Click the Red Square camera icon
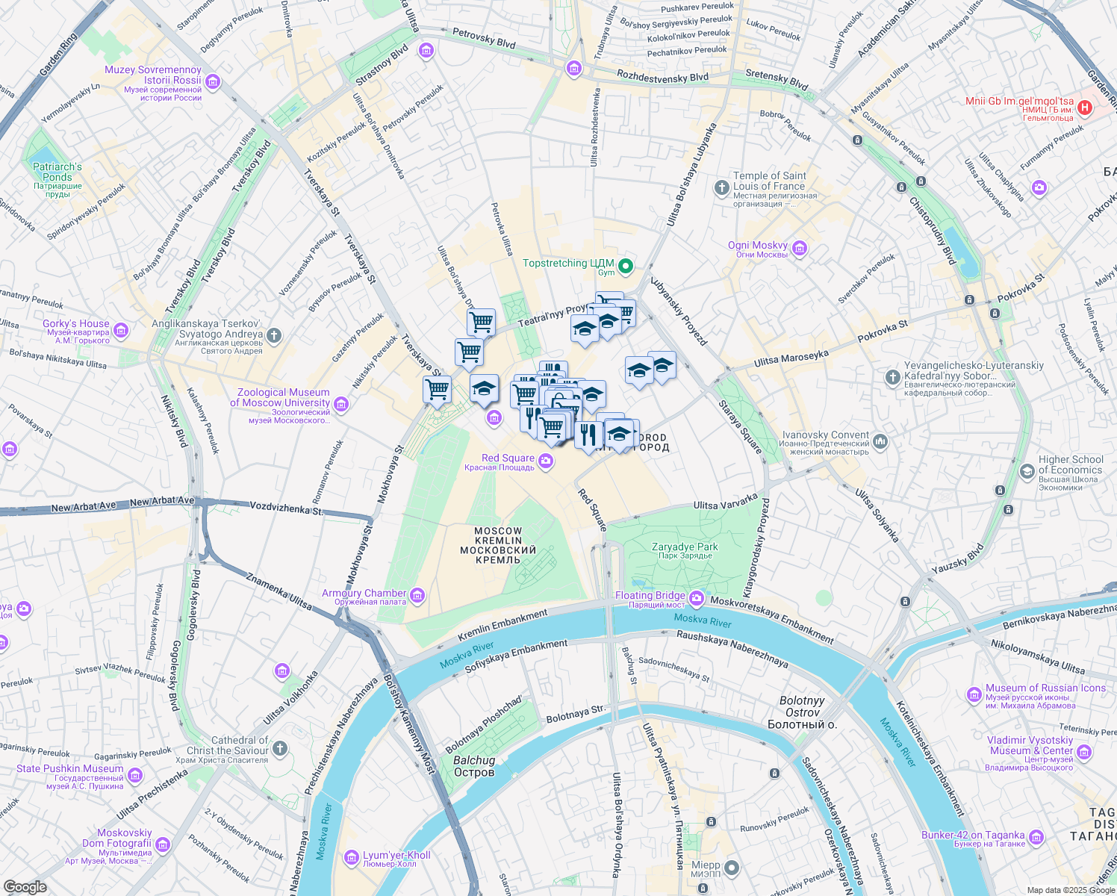tap(546, 461)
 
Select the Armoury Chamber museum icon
tap(417, 595)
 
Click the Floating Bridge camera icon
tap(697, 598)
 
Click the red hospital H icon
tap(1086, 108)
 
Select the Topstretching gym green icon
tap(626, 265)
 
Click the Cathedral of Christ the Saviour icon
tap(280, 747)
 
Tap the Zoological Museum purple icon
tap(341, 405)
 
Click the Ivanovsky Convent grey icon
tap(880, 441)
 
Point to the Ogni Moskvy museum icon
tap(800, 248)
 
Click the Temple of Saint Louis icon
tap(721, 187)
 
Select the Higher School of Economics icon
tap(1027, 471)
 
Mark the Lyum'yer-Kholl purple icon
tap(352, 857)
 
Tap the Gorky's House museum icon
tap(121, 330)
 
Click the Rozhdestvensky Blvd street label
tap(662, 76)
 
